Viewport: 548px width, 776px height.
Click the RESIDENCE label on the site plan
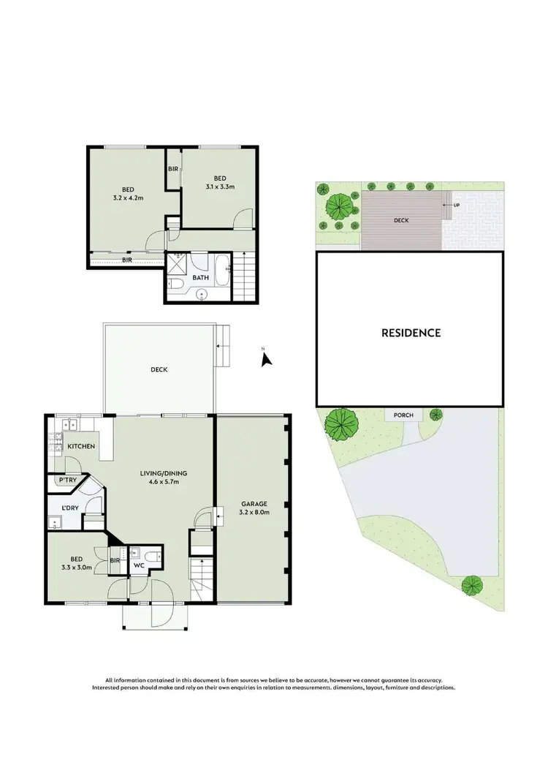411,333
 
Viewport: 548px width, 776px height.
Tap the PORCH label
403,415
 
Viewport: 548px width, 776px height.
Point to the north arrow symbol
267,358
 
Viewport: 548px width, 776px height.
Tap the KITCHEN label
80,446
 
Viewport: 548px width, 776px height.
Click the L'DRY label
70,508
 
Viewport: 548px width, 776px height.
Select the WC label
139,565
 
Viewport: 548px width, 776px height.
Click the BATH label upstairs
201,278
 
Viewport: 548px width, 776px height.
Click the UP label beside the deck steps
457,205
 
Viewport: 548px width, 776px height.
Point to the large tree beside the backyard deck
338,206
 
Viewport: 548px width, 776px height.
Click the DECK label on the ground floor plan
159,369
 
